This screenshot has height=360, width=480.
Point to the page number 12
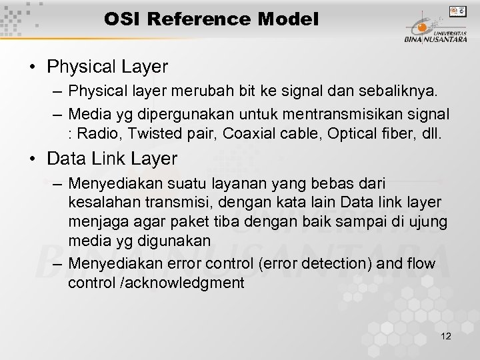(x=446, y=337)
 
